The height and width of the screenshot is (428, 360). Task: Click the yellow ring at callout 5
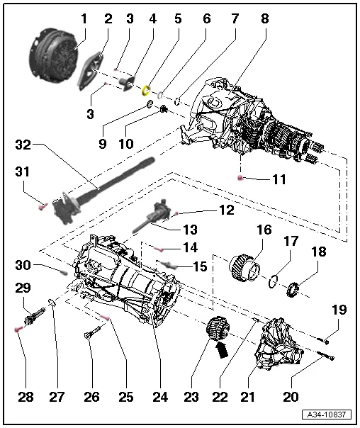click(x=146, y=91)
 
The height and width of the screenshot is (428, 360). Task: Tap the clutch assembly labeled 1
click(x=53, y=54)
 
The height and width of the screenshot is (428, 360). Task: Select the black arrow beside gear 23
click(x=223, y=349)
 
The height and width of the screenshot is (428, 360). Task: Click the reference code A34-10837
click(x=327, y=415)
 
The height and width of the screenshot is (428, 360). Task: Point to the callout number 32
click(x=23, y=145)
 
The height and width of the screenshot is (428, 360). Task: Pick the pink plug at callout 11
click(x=240, y=178)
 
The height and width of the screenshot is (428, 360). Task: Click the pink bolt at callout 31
click(x=43, y=206)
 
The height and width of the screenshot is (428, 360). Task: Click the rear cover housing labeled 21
click(x=279, y=344)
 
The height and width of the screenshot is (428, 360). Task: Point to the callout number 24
click(x=160, y=397)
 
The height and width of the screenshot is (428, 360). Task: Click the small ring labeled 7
click(x=177, y=101)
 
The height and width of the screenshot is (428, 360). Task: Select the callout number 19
click(x=339, y=310)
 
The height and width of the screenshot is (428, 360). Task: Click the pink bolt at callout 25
click(x=105, y=317)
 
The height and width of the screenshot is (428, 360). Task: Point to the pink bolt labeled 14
click(x=159, y=249)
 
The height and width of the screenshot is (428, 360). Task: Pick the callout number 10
click(x=126, y=144)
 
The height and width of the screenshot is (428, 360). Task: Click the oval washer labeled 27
click(x=51, y=303)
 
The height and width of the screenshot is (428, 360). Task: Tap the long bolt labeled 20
click(x=326, y=356)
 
